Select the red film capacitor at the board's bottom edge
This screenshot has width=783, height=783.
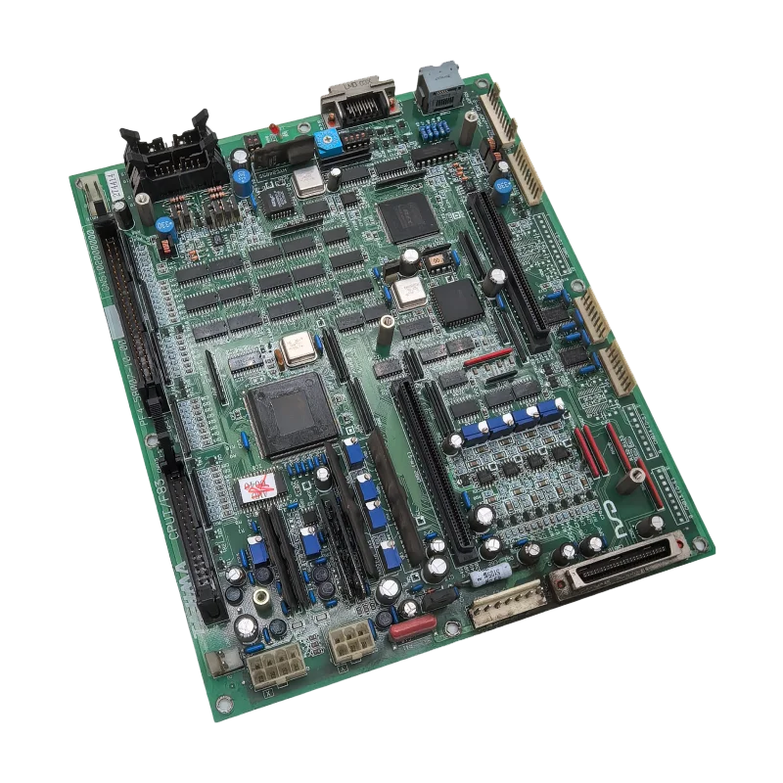click(x=412, y=627)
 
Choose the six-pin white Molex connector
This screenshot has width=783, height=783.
click(x=349, y=643)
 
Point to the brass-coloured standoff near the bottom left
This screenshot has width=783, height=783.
click(x=262, y=596)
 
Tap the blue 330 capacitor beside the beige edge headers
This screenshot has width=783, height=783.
click(x=502, y=189)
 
